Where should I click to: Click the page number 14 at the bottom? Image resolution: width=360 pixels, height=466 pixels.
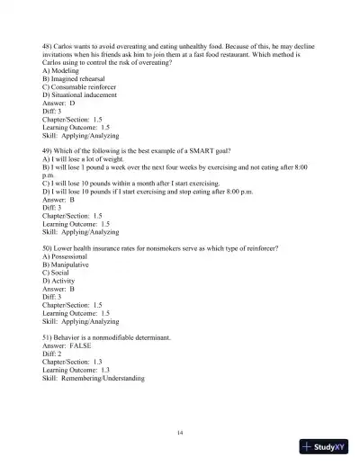[x=181, y=434]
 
